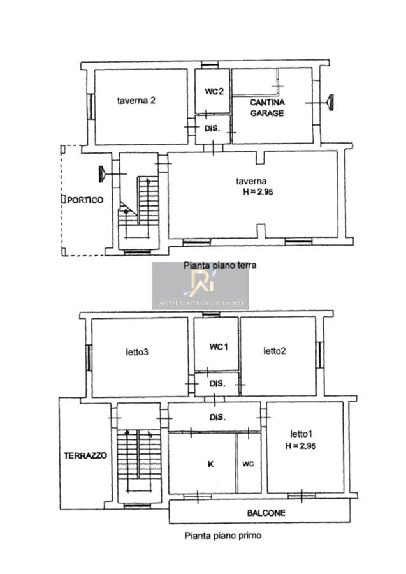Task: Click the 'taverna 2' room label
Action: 136,100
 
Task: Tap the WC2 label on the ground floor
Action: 214,91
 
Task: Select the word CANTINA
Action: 268,102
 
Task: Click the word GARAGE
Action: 267,113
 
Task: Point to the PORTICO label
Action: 85,200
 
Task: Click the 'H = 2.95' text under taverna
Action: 258,191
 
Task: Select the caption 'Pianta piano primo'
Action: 222,536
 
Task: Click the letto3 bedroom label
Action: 137,352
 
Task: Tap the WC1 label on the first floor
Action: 219,346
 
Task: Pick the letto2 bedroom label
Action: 274,351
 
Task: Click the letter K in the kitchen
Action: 211,464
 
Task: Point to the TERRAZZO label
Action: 85,456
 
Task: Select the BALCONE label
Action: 266,513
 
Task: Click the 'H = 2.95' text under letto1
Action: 301,446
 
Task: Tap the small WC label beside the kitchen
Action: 248,464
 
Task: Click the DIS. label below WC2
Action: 212,128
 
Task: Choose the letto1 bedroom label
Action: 301,434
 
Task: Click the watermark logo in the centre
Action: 201,286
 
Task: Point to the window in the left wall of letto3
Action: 89,358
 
